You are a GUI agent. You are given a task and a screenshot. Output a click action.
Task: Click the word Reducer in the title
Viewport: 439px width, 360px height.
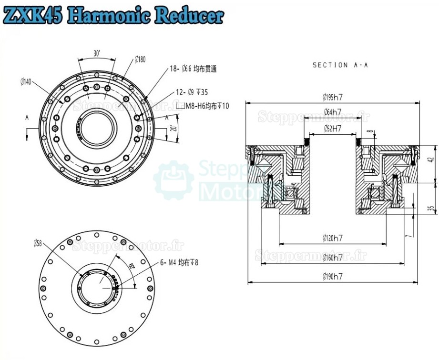pyautogui.click(x=189, y=16)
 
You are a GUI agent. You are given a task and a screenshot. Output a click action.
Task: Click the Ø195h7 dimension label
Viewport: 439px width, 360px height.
pyautogui.click(x=333, y=97)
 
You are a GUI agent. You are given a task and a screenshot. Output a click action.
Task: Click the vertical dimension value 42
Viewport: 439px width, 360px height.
pyautogui.click(x=431, y=160)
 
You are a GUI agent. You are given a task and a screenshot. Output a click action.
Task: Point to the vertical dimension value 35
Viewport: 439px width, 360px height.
pyautogui.click(x=431, y=209)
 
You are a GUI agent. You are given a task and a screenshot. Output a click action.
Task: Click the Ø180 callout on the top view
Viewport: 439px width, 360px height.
pyautogui.click(x=140, y=59)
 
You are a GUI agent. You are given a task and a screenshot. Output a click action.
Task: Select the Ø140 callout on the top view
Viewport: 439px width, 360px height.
pyautogui.click(x=26, y=82)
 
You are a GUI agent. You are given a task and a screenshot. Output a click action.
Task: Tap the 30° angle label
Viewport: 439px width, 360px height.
pyautogui.click(x=97, y=54)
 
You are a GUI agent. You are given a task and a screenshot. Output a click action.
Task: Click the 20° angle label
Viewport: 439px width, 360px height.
pyautogui.click(x=174, y=129)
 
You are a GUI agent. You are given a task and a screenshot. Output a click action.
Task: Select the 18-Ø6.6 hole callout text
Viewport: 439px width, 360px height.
pyautogui.click(x=193, y=69)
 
